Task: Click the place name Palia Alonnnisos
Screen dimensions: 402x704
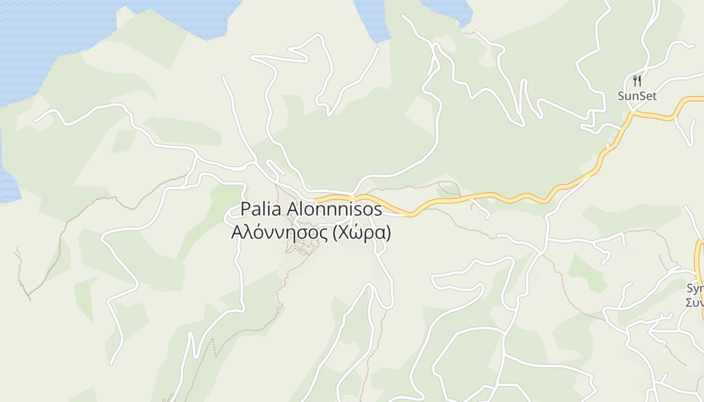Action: point(311,209)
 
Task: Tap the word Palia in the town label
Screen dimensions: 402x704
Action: point(261,209)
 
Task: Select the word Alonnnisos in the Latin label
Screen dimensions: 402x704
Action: point(334,209)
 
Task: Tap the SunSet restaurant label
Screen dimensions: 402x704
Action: point(637,96)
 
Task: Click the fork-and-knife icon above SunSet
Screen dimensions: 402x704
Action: point(637,80)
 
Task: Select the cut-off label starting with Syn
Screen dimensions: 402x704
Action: point(695,288)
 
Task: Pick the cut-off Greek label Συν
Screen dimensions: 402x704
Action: point(695,302)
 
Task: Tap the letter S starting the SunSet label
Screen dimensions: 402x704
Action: point(622,96)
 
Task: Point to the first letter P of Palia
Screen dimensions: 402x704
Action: point(245,209)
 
